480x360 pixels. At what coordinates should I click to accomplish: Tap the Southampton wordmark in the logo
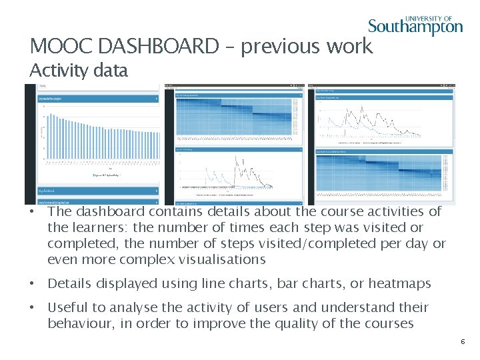(x=415, y=27)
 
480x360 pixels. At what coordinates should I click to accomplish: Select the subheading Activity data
(x=79, y=71)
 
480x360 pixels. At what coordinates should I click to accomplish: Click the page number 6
(x=462, y=341)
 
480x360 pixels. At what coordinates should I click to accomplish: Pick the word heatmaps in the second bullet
(x=399, y=283)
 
